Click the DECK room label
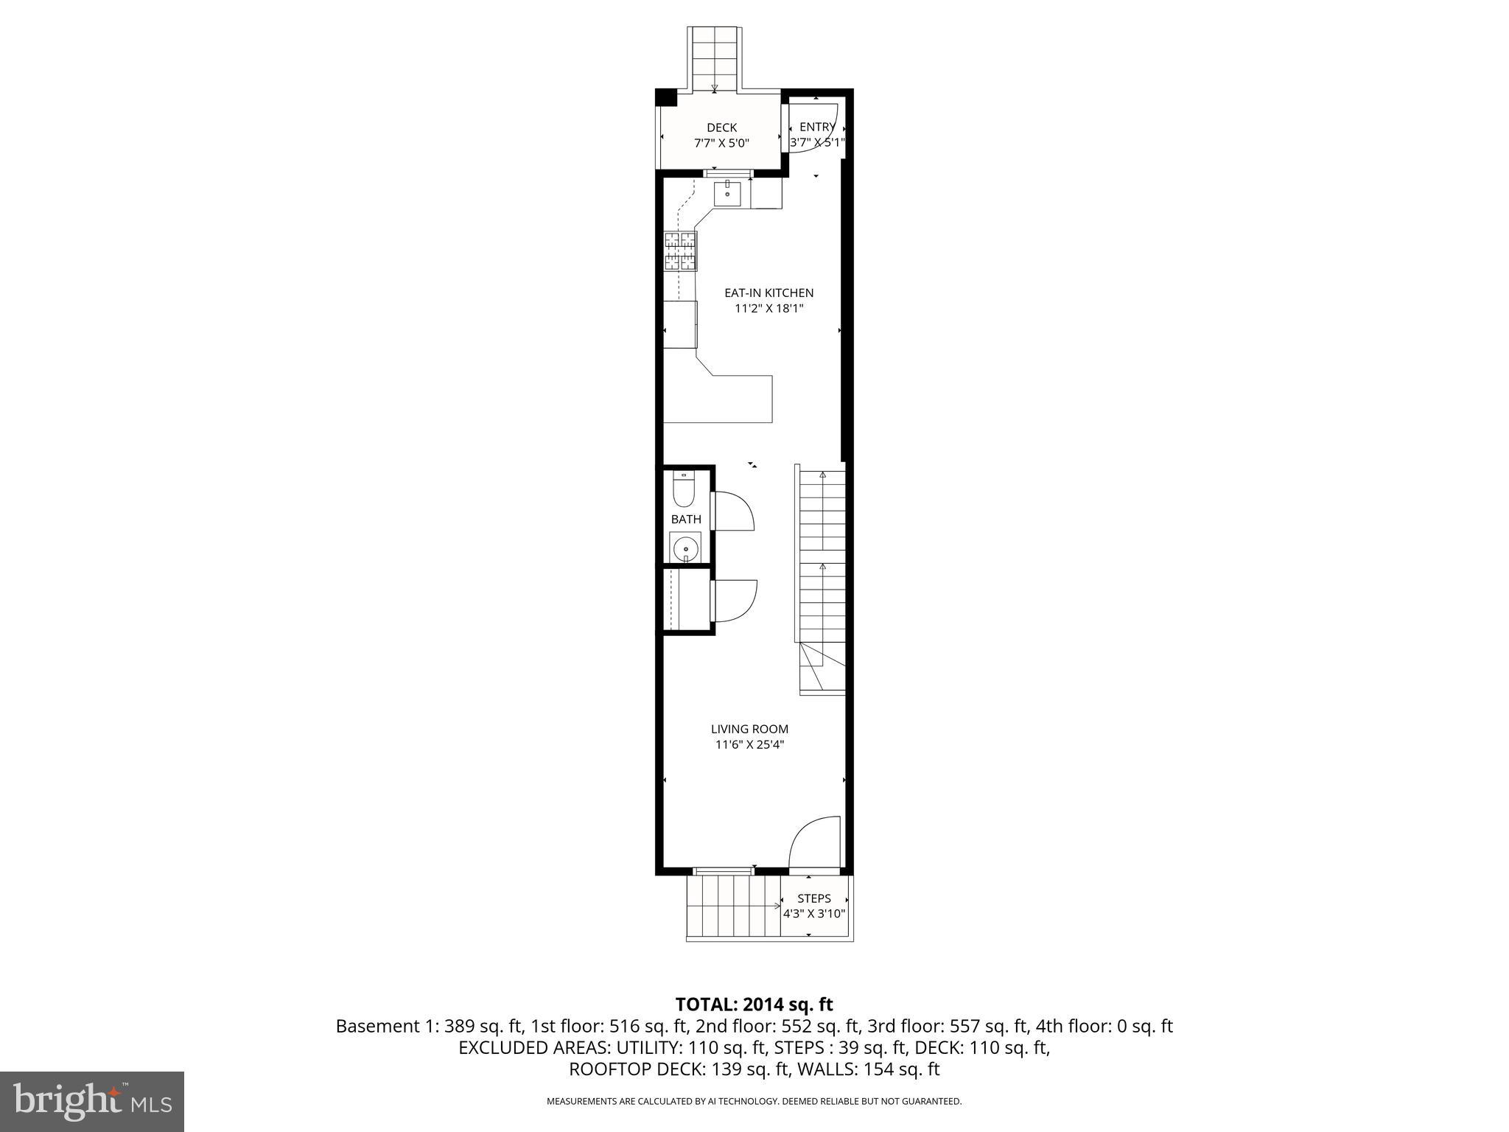click(x=721, y=127)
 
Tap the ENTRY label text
click(x=817, y=127)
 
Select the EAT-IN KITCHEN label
click(x=768, y=293)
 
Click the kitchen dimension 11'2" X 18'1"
click(x=768, y=309)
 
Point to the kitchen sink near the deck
click(x=729, y=193)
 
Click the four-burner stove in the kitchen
click(x=680, y=251)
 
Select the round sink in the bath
click(x=685, y=549)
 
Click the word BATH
click(x=685, y=520)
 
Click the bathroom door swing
click(x=734, y=511)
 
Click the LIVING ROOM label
click(x=749, y=729)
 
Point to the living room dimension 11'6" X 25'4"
click(x=749, y=744)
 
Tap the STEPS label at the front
click(x=813, y=898)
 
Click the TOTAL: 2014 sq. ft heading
click(x=754, y=1004)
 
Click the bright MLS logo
click(x=92, y=1102)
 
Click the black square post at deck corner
click(x=665, y=98)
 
